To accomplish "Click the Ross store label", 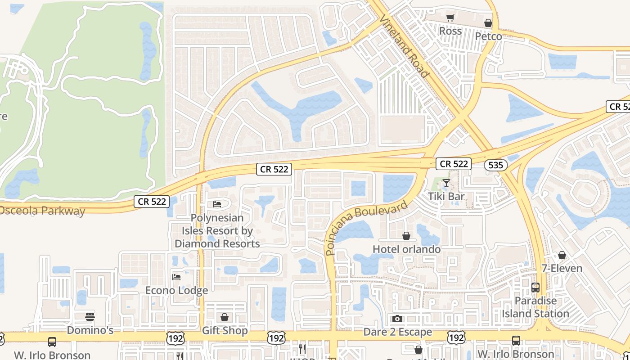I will pos(450,31).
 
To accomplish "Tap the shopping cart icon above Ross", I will pos(450,18).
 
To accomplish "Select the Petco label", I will pos(488,36).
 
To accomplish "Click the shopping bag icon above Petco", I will pos(488,23).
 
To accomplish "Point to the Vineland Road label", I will pos(404,46).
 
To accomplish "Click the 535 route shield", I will pos(495,165).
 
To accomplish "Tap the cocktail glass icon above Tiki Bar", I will pos(446,183).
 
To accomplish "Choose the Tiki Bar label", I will pos(446,197).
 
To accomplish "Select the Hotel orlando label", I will pos(406,249).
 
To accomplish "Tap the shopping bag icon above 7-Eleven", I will pos(562,256).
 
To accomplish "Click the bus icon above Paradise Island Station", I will pos(535,287).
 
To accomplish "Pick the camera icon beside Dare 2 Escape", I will pos(397,319).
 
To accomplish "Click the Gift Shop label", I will pos(225,331).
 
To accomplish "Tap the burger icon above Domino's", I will pos(90,317).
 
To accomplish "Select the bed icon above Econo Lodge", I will pos(176,277).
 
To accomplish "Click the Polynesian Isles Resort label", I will pos(217,231).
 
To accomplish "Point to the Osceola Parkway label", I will pos(42,211).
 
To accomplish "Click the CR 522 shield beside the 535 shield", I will pos(454,164).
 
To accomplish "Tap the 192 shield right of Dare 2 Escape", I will pos(456,337).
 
